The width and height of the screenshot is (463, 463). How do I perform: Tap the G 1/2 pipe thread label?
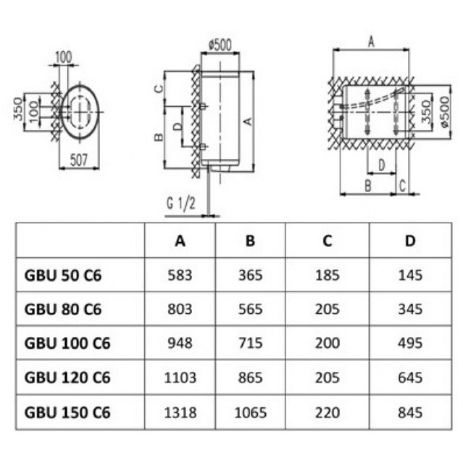pyautogui.click(x=181, y=204)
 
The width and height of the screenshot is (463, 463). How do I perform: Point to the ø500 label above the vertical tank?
pyautogui.click(x=220, y=45)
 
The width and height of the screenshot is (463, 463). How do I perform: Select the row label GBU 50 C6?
pyautogui.click(x=62, y=275)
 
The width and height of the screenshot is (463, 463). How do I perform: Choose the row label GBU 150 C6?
pyautogui.click(x=67, y=412)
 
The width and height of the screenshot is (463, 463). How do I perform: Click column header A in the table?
pyautogui.click(x=180, y=241)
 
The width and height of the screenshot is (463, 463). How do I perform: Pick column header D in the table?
pyautogui.click(x=410, y=241)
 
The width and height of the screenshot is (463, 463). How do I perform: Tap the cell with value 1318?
pyautogui.click(x=181, y=412)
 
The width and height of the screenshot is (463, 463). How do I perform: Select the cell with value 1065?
pyautogui.click(x=250, y=412)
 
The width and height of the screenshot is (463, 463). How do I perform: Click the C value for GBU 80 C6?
pyautogui.click(x=327, y=309)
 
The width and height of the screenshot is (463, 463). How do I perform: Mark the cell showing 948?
pyautogui.click(x=181, y=343)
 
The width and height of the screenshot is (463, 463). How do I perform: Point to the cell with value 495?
pyautogui.click(x=410, y=343)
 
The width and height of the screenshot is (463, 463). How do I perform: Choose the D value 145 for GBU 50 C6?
pyautogui.click(x=410, y=275)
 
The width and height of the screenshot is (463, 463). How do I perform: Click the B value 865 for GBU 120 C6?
pyautogui.click(x=250, y=377)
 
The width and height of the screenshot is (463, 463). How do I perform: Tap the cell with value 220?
pyautogui.click(x=327, y=412)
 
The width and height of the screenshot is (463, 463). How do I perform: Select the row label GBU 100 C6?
pyautogui.click(x=67, y=343)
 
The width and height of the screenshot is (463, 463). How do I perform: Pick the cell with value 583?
pyautogui.click(x=181, y=275)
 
